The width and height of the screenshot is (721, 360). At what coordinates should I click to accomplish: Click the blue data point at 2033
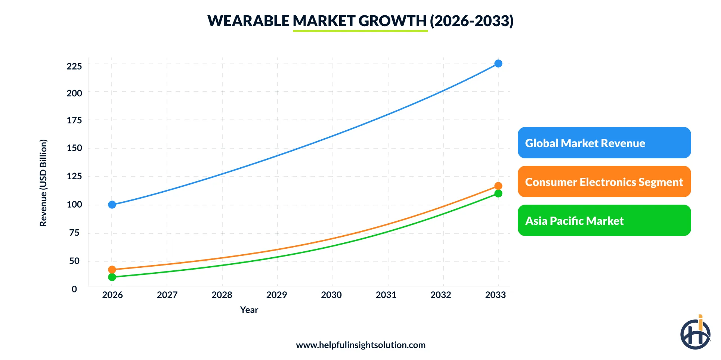click(498, 63)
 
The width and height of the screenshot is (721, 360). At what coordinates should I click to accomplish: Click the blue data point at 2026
click(112, 205)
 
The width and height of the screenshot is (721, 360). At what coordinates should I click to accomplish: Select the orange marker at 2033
click(498, 186)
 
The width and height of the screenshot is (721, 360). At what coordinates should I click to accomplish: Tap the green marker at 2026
click(112, 277)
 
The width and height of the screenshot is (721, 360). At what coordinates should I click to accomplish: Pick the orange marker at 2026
click(112, 270)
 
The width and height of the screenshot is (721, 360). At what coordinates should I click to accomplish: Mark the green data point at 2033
click(498, 193)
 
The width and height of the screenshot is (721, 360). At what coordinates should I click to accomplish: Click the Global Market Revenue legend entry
click(604, 143)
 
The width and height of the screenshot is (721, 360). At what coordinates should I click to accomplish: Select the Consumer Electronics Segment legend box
click(604, 181)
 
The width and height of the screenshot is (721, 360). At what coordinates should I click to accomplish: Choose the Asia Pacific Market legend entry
click(604, 220)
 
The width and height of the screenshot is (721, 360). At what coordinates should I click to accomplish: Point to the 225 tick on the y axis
click(74, 66)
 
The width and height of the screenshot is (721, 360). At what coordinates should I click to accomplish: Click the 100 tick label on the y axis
click(74, 205)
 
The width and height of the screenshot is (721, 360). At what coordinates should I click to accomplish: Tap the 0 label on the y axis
click(74, 289)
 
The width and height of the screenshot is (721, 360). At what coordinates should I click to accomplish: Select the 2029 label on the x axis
click(276, 295)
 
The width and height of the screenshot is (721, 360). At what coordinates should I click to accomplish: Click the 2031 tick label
click(386, 295)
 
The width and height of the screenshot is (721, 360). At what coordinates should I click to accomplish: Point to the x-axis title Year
click(249, 310)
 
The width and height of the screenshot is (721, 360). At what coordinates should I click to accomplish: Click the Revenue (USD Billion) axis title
click(43, 183)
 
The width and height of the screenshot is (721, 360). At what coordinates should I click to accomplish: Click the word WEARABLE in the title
click(248, 21)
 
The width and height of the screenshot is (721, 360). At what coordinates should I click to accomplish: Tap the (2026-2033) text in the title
click(471, 21)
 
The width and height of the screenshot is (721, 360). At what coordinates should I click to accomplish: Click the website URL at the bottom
click(360, 345)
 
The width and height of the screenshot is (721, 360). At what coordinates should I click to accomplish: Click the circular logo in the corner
click(695, 333)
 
